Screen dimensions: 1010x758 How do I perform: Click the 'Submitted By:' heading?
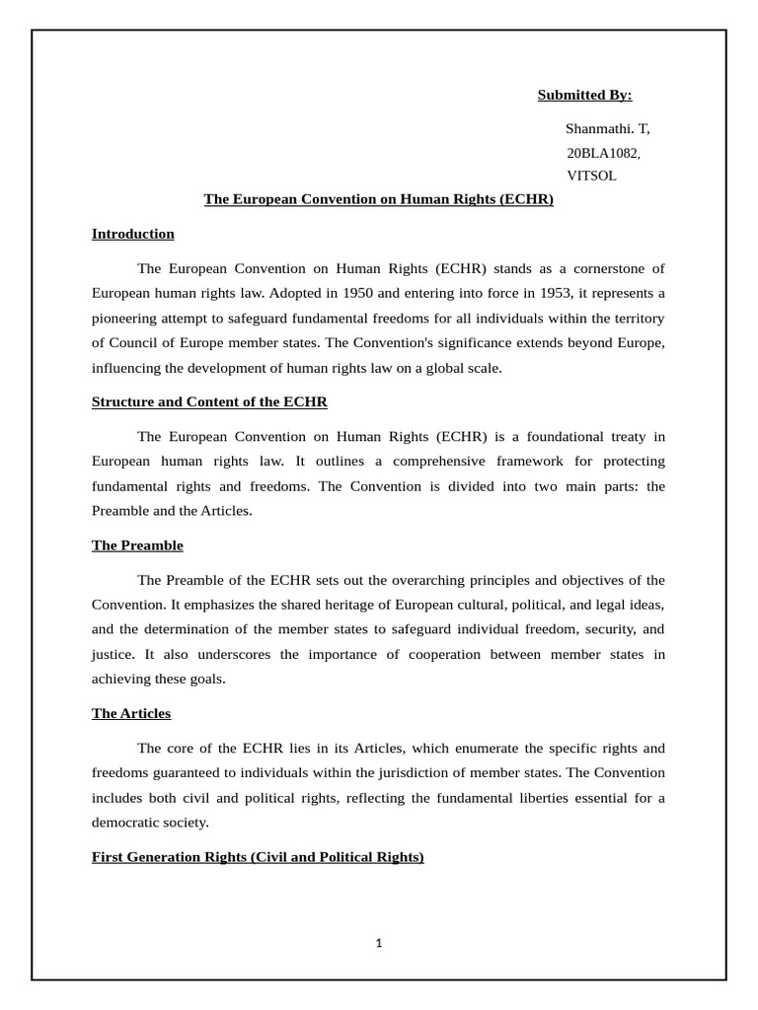584,95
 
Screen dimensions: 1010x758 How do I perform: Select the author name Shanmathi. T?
607,129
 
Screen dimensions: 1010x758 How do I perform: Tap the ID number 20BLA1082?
603,153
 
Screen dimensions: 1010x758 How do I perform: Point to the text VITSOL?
591,176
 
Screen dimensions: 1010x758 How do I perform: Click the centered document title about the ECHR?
378,199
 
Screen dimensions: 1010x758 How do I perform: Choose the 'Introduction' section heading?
133,234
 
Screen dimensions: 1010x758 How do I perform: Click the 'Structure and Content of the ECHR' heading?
209,402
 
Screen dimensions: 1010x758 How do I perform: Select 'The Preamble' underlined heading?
137,545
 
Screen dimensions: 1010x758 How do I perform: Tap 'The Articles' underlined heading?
131,713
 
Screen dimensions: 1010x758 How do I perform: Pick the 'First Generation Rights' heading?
258,857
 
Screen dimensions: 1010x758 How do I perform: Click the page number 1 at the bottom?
379,943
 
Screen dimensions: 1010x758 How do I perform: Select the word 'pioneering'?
130,319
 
